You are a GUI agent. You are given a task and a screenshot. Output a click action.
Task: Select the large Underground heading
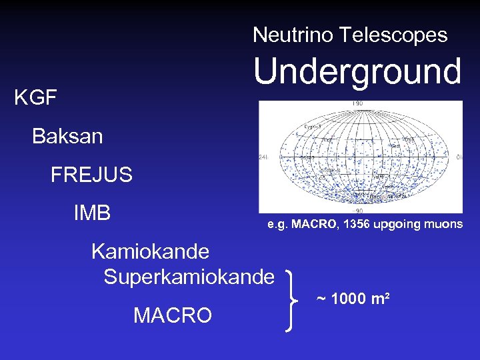coord(357,72)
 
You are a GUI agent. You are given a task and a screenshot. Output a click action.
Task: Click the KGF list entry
coord(35,99)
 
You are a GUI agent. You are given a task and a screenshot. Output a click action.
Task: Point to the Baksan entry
coord(67,137)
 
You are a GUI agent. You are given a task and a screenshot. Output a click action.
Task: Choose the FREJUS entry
coord(91,175)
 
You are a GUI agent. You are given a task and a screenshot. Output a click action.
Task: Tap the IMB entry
coord(92,213)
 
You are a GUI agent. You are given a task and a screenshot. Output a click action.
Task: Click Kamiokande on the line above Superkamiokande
coord(150,252)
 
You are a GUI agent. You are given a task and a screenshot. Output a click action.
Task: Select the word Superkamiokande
coord(189,276)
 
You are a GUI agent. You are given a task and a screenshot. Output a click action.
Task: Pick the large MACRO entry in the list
coord(173,315)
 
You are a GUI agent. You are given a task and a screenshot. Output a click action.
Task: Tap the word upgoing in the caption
coord(395,225)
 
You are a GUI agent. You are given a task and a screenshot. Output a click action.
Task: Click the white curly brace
coord(292,299)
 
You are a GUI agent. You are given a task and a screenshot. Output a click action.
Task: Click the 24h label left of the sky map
coord(263,158)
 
